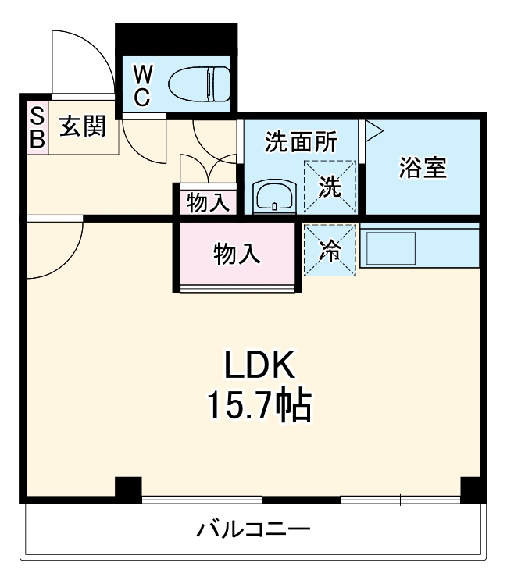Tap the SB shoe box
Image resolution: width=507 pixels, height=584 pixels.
pyautogui.click(x=37, y=128)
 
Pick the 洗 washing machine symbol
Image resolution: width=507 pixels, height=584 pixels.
pyautogui.click(x=330, y=186)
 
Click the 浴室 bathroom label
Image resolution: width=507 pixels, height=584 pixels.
pyautogui.click(x=423, y=169)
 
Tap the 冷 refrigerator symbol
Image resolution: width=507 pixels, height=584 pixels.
pyautogui.click(x=330, y=250)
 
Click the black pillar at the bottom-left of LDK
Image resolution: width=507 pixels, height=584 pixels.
pyautogui.click(x=127, y=489)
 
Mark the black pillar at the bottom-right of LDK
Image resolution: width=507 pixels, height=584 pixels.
pyautogui.click(x=472, y=489)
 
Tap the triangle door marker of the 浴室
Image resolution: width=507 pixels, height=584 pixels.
pyautogui.click(x=372, y=130)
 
